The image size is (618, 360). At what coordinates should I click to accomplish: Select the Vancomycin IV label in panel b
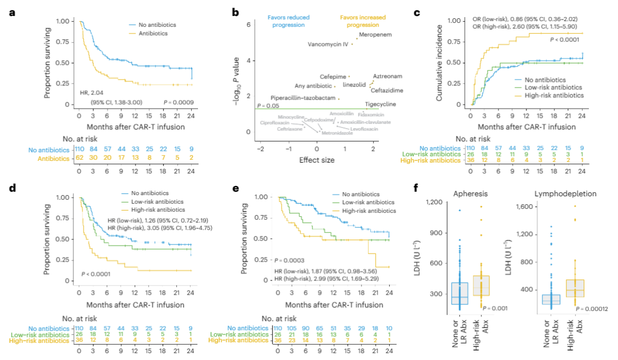328,44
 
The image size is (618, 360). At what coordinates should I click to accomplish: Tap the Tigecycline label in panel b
379,104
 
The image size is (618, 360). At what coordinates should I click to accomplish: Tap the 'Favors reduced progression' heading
288,21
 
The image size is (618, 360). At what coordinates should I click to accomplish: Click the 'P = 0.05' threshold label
268,105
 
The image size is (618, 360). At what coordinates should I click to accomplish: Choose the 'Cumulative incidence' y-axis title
441,64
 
